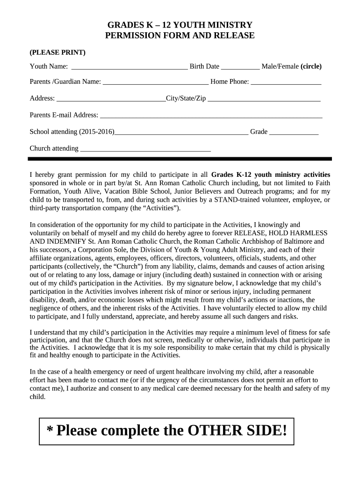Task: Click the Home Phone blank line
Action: click(x=286, y=82)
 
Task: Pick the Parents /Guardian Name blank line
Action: click(x=156, y=82)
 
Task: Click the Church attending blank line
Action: click(x=146, y=149)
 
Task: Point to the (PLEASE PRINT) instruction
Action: click(x=58, y=52)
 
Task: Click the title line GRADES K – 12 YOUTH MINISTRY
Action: click(x=180, y=25)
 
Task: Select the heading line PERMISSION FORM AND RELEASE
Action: click(x=180, y=36)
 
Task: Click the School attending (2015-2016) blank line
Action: click(x=181, y=132)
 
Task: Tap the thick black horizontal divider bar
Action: click(x=180, y=159)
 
